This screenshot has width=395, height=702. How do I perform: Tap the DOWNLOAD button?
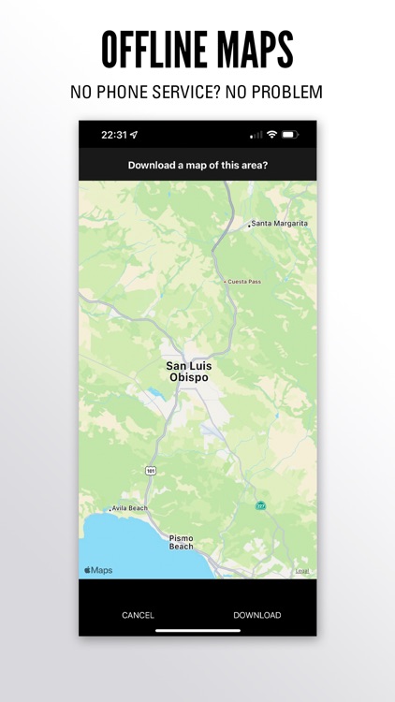coord(256,615)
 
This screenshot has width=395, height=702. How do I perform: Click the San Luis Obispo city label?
coord(188,372)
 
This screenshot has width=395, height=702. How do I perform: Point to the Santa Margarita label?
coord(279,224)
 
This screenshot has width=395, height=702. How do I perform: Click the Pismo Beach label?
coord(182,542)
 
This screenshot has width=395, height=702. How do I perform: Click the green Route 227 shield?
coord(260,505)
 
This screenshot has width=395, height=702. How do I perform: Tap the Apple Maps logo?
coord(98,569)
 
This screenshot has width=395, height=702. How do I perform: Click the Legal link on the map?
coord(301,571)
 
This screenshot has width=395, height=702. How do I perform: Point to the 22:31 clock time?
coord(113,135)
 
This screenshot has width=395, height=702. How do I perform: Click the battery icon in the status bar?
coord(290,135)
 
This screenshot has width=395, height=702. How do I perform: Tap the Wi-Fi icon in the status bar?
coord(271,135)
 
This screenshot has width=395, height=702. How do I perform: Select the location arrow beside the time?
coord(134,135)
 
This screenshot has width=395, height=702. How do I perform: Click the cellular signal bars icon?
coord(256,135)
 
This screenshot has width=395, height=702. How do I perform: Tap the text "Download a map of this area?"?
coord(197,166)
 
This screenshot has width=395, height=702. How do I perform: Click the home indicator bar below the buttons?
coord(197,630)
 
